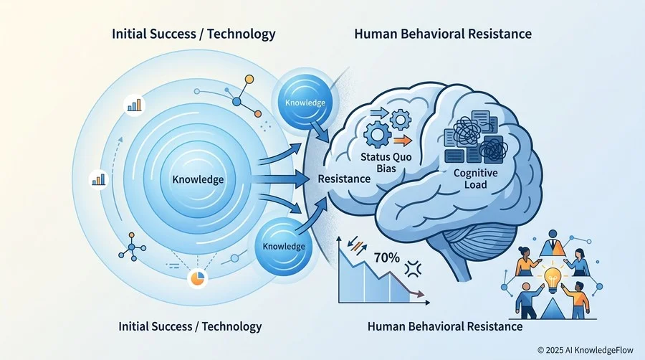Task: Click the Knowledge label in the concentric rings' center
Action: click(198, 179)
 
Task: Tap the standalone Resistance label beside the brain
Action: click(344, 179)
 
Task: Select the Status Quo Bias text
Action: click(386, 162)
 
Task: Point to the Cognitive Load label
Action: click(476, 179)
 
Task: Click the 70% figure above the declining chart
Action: click(387, 257)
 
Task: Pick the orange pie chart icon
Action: click(197, 278)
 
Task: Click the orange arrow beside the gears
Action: click(403, 141)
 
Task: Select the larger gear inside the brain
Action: click(377, 135)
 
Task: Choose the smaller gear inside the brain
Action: click(400, 119)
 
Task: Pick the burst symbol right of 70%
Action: click(413, 269)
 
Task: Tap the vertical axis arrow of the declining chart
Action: click(339, 270)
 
